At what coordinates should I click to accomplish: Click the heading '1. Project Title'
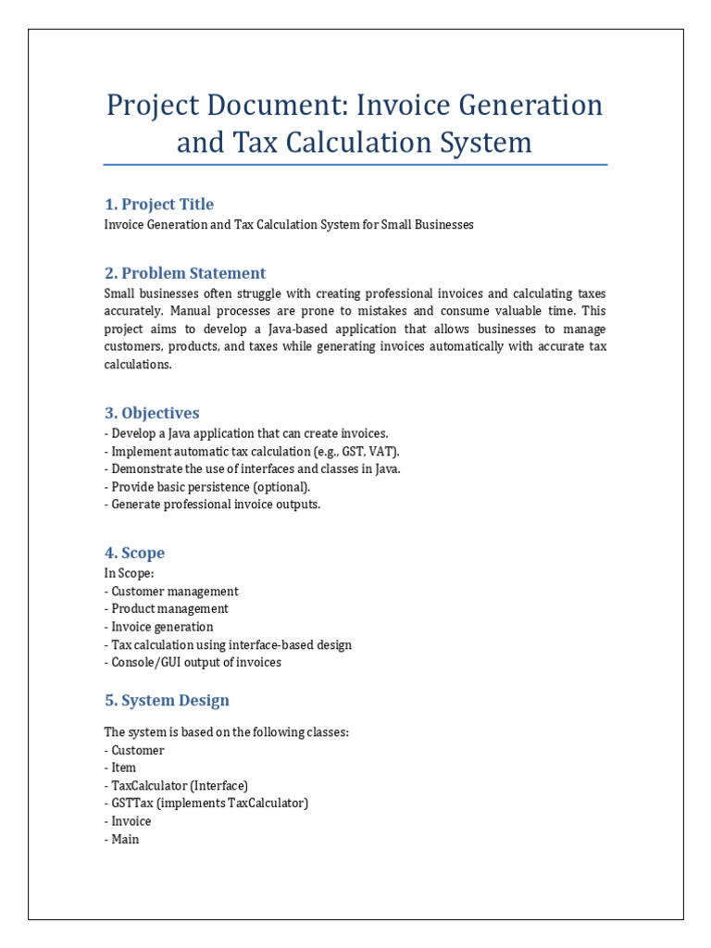[x=158, y=205]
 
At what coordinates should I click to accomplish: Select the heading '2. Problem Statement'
[x=184, y=273]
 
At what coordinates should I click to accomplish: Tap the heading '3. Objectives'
[x=151, y=413]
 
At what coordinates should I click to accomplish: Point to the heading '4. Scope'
[x=134, y=553]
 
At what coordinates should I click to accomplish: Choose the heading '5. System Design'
[x=166, y=700]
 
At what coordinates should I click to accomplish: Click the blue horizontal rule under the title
[x=355, y=166]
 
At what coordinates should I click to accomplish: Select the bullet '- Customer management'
[x=171, y=591]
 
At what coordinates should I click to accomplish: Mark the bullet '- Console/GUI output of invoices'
[x=193, y=662]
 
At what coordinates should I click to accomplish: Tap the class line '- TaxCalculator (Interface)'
[x=176, y=785]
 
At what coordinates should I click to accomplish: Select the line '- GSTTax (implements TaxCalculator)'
[x=206, y=803]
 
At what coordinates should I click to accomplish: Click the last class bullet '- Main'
[x=121, y=839]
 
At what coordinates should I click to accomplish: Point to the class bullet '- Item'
[x=120, y=767]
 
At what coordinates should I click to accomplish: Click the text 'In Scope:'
[x=130, y=573]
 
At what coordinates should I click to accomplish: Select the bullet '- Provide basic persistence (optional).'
[x=207, y=487]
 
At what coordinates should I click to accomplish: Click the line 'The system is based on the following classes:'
[x=227, y=732]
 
